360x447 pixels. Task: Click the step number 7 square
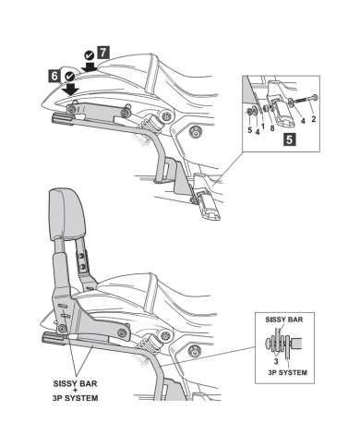(103, 53)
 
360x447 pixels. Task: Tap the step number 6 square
(54, 76)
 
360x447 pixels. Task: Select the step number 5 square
(289, 139)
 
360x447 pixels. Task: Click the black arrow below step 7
(90, 66)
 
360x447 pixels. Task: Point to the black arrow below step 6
(70, 89)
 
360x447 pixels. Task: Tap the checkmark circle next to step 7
(90, 55)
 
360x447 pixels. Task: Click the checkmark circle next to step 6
(70, 76)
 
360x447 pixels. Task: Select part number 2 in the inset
(313, 119)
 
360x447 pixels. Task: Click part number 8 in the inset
(272, 128)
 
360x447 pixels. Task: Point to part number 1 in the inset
(262, 127)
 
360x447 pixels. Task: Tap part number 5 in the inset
(250, 130)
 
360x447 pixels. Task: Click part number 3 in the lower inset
(276, 361)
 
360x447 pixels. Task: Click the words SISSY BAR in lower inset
(284, 320)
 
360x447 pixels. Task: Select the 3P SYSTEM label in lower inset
(287, 372)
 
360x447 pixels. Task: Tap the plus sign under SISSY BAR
(76, 391)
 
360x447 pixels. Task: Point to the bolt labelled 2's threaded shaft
(303, 100)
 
